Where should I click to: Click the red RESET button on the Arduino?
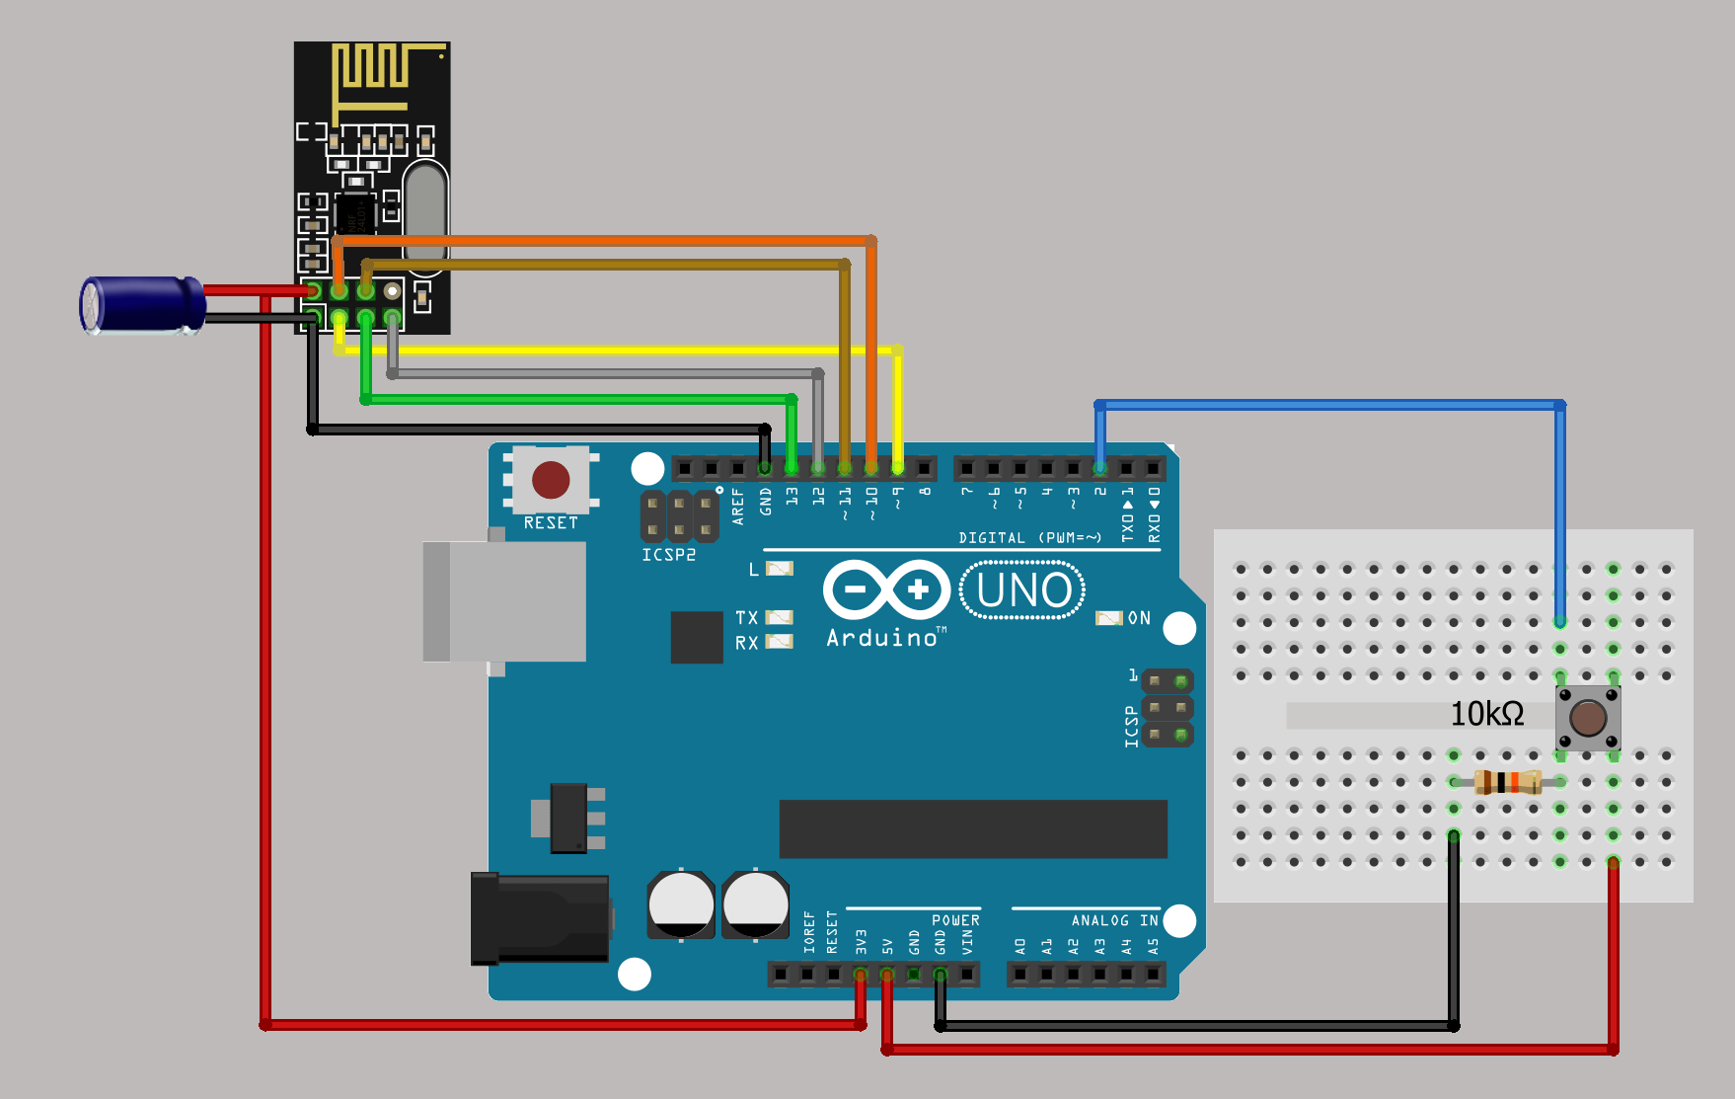551,480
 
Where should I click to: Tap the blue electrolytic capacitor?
144,305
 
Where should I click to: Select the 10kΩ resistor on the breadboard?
1507,782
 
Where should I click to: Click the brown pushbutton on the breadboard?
1587,718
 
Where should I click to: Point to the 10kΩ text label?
1486,714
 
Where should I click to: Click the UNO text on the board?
1023,590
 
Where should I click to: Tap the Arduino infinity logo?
886,590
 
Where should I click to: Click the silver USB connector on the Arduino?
504,601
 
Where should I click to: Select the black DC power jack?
540,918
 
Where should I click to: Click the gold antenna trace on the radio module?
374,75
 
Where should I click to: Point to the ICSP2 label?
668,555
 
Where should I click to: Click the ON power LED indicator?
1109,618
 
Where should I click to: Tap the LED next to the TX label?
780,617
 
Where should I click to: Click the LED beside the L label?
780,569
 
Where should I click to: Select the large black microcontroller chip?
973,829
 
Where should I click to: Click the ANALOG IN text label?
1114,920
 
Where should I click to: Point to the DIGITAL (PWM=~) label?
1029,538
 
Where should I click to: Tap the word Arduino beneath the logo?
881,639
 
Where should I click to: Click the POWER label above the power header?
955,920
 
